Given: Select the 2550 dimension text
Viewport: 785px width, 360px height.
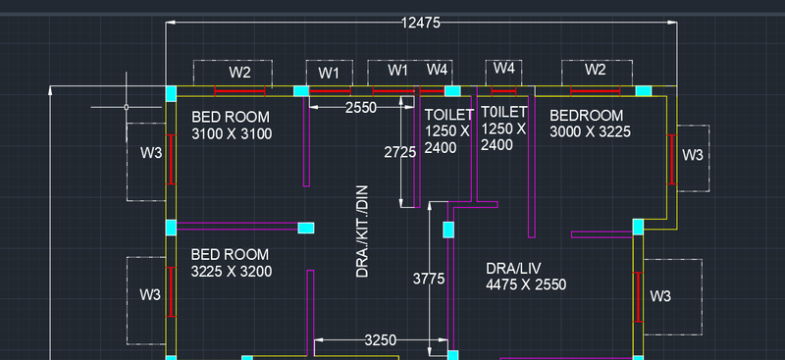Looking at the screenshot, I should (x=361, y=108).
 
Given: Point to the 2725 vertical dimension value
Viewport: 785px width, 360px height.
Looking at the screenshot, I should (x=400, y=152).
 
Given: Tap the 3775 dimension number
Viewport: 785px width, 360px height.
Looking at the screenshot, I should (x=429, y=279).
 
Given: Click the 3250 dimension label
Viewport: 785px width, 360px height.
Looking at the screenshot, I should (x=380, y=340).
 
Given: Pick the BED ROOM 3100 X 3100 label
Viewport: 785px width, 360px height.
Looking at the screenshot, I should (x=232, y=126).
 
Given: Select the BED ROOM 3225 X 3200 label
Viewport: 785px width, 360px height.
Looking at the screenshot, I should (x=232, y=263).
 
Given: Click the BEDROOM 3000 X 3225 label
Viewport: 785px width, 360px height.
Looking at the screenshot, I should (x=590, y=124).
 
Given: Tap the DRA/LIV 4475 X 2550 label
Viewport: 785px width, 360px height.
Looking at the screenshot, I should (x=526, y=276).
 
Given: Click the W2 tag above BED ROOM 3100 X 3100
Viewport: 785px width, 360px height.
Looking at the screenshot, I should (x=240, y=72).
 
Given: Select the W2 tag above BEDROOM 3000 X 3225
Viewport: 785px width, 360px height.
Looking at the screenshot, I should (x=596, y=70).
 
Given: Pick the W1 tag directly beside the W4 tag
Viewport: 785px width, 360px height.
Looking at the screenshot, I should (x=397, y=70).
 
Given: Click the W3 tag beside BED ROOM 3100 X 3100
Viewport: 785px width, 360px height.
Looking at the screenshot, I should (x=150, y=153).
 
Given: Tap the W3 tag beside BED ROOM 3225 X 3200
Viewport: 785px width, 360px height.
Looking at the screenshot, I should (x=150, y=294).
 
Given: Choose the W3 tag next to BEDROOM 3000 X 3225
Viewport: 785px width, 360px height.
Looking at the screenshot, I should (x=693, y=155).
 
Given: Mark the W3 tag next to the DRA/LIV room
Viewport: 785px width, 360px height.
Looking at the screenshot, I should (x=660, y=296).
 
